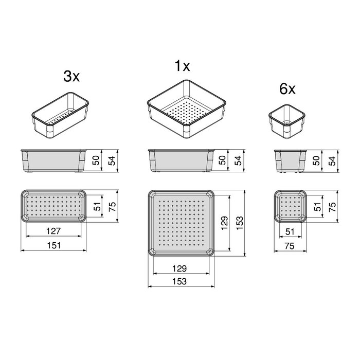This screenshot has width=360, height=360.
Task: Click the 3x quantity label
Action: coord(71,77)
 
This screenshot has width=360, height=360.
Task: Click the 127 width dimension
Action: coord(54,230)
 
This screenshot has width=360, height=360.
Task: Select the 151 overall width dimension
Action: coord(54,246)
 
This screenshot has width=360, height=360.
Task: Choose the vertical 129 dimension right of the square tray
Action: coord(225,223)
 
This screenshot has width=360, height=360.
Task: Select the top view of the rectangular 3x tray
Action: coord(54,206)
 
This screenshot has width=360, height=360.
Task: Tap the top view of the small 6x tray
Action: coord(290,206)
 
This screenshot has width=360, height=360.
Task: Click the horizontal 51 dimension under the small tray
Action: coord(289,231)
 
